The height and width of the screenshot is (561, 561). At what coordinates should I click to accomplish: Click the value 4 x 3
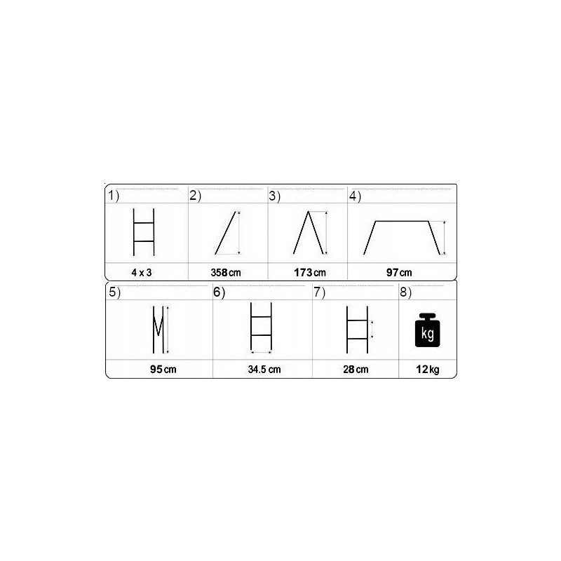(142, 273)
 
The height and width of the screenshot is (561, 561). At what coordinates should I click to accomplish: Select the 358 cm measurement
(226, 273)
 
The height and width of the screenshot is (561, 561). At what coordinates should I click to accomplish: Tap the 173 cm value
(310, 273)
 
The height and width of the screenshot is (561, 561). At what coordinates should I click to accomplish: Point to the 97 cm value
(399, 273)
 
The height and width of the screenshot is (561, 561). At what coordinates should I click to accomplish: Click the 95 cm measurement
(163, 370)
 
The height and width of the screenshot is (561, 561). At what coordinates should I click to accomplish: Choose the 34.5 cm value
(264, 370)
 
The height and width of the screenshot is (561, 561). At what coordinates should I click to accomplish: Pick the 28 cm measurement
(356, 370)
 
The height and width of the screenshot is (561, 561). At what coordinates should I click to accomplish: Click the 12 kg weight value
(428, 370)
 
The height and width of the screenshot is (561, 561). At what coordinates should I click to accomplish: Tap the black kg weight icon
(428, 330)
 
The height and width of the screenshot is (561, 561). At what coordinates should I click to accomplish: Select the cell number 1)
(114, 196)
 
